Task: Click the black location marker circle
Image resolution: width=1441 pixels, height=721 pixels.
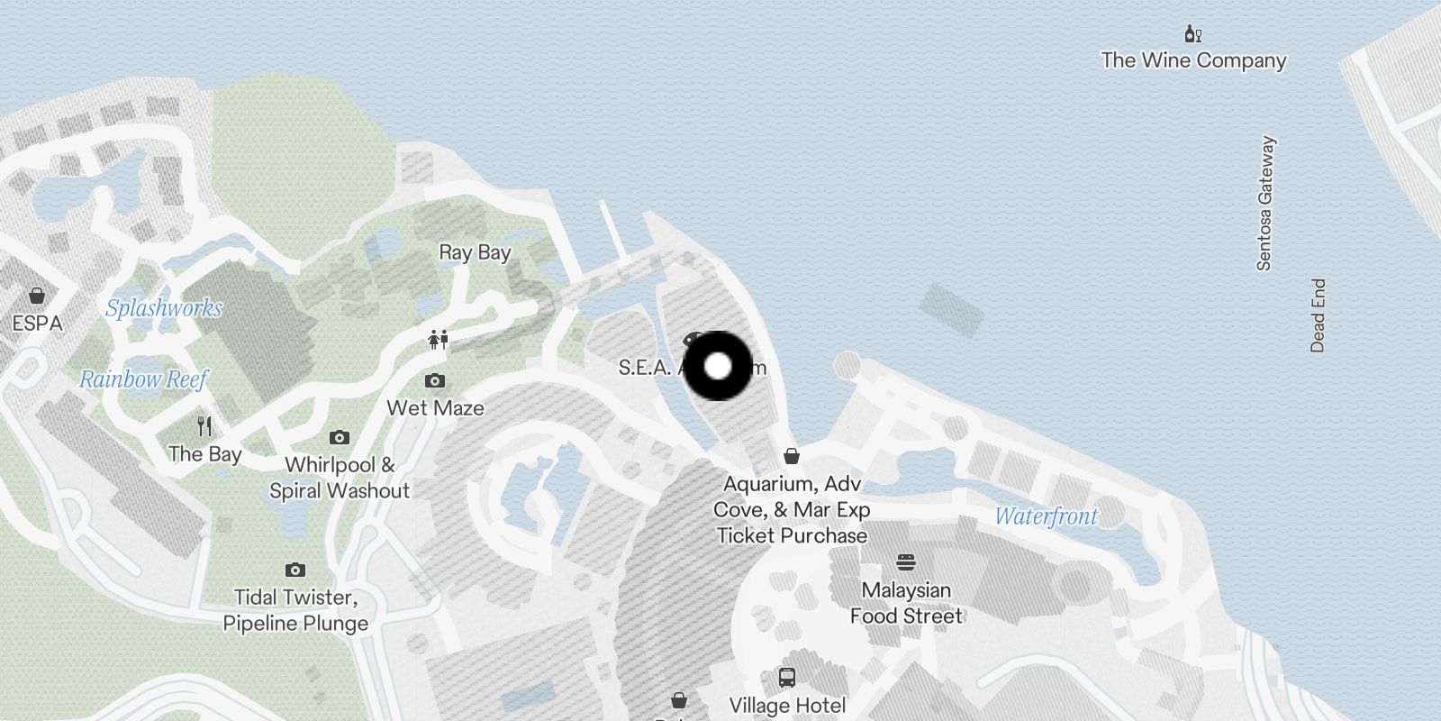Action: click(718, 366)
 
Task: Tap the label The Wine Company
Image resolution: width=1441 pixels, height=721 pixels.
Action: click(1193, 60)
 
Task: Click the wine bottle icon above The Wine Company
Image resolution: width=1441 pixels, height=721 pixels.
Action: click(1193, 35)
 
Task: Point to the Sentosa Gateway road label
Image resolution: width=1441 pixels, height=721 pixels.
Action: click(1265, 204)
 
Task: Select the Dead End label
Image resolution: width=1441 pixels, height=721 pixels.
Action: click(1318, 315)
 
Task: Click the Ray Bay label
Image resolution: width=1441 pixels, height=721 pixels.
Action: click(475, 252)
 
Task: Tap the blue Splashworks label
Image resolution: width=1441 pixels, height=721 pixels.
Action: click(164, 308)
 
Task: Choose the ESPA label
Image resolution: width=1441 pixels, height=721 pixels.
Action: click(37, 324)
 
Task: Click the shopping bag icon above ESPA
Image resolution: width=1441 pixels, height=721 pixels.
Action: click(37, 296)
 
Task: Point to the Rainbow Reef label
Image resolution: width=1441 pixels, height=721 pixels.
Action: click(144, 379)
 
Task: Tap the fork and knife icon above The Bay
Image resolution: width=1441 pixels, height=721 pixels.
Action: click(205, 426)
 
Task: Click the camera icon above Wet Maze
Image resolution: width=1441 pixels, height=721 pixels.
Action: click(435, 381)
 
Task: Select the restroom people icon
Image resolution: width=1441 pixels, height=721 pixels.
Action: click(439, 340)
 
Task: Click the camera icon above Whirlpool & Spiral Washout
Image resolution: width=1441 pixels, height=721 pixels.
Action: click(340, 438)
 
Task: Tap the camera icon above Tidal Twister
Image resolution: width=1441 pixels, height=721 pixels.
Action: click(295, 570)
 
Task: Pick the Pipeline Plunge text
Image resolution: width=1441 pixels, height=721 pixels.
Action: click(295, 624)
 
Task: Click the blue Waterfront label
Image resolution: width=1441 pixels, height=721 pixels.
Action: click(1047, 516)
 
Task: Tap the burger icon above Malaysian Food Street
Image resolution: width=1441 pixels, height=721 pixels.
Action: click(906, 563)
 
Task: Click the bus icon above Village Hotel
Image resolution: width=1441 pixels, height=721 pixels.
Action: click(787, 678)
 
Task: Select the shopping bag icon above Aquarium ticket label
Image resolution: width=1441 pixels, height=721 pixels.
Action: click(792, 457)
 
